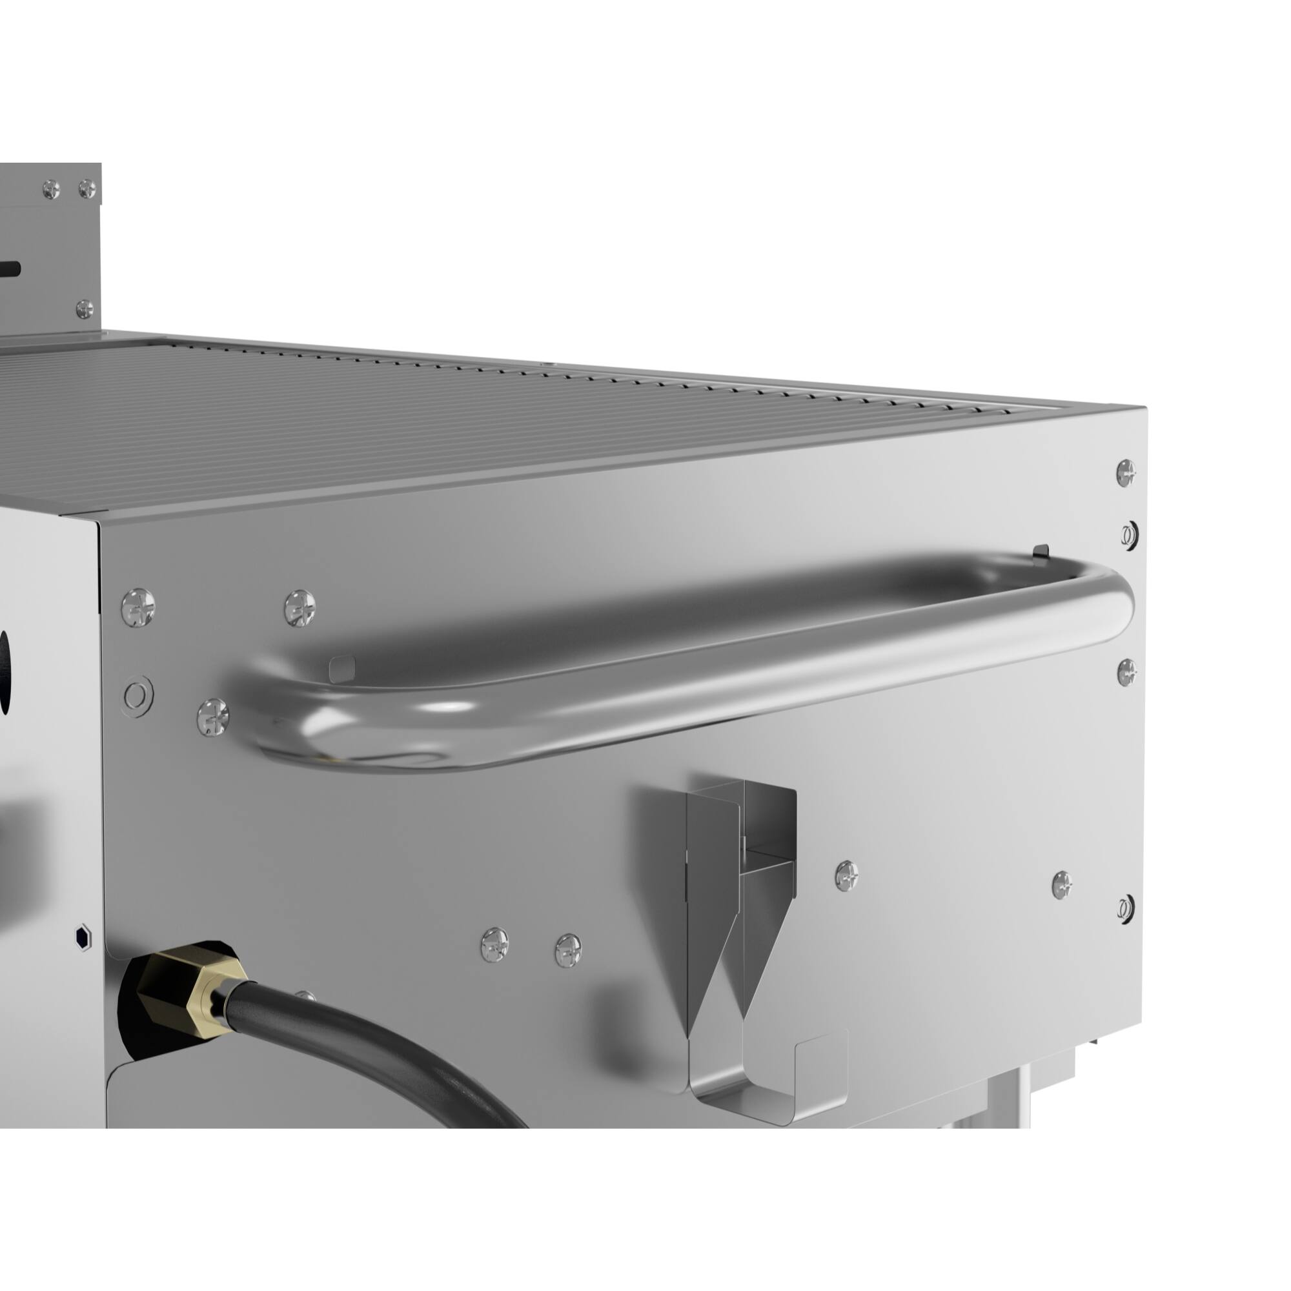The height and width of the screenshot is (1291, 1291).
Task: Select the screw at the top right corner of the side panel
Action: click(1126, 473)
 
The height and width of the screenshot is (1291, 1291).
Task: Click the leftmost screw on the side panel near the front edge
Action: click(138, 607)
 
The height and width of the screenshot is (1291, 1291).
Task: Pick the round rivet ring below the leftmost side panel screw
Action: click(137, 696)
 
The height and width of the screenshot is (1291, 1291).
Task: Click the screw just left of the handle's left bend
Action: click(212, 718)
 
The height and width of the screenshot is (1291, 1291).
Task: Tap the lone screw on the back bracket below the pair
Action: click(84, 309)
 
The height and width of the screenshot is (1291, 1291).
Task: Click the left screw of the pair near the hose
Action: click(494, 946)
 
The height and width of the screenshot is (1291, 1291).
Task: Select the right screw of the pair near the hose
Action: click(567, 950)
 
